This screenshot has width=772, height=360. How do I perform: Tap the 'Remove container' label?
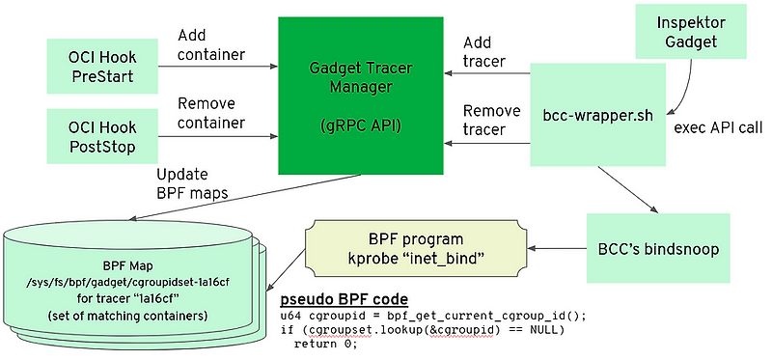210,113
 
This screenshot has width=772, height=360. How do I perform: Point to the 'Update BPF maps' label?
192,182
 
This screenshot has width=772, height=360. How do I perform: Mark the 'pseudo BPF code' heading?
344,298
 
